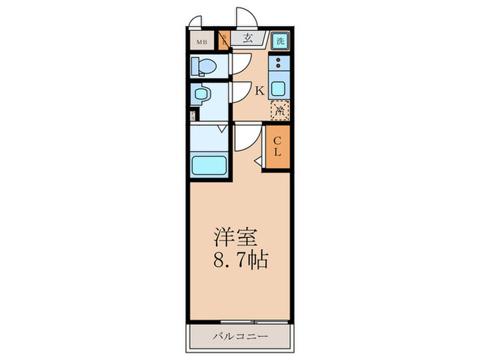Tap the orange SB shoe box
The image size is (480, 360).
point(223,40)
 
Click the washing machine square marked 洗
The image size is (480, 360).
point(279,40)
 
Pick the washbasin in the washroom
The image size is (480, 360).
point(202,94)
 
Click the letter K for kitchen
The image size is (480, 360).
point(260,90)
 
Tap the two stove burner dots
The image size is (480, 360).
point(278,64)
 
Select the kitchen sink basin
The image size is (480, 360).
point(278,88)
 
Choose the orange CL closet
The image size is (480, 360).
point(277,145)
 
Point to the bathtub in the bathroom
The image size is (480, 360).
point(208,165)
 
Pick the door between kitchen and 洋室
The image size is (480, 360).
point(245,139)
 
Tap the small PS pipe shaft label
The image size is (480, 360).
point(193,117)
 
